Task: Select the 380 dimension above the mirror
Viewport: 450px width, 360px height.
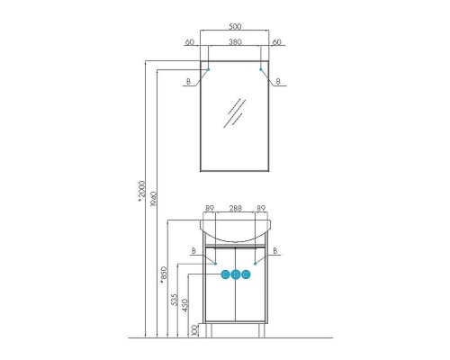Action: pyautogui.click(x=234, y=41)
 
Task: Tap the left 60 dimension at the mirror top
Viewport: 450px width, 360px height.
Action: pyautogui.click(x=189, y=41)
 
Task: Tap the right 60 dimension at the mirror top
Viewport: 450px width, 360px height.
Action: pyautogui.click(x=278, y=41)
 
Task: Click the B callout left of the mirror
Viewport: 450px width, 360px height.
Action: pyautogui.click(x=187, y=82)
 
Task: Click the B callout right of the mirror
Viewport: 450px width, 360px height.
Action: pyautogui.click(x=280, y=82)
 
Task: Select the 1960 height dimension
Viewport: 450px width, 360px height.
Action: pyautogui.click(x=154, y=199)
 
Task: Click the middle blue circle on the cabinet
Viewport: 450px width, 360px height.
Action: pyautogui.click(x=235, y=276)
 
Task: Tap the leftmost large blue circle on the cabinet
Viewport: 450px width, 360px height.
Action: pyautogui.click(x=223, y=276)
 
